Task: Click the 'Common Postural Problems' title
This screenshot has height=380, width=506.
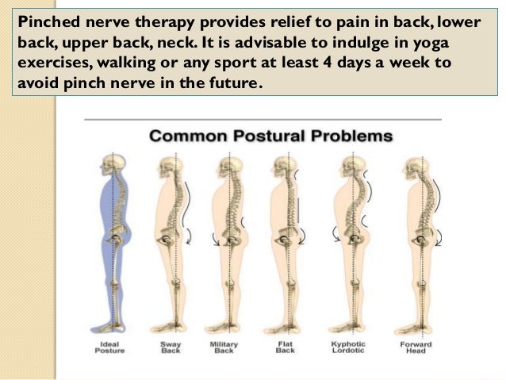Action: (270, 136)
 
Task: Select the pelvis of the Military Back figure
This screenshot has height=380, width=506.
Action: (229, 239)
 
